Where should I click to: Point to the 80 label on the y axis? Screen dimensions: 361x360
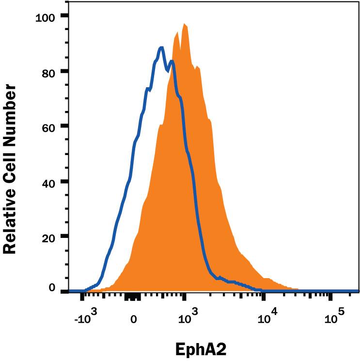(48, 71)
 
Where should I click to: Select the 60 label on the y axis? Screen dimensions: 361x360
(48, 126)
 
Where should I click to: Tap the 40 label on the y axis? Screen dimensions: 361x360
(48, 182)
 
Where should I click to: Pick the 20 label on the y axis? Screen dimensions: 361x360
(48, 236)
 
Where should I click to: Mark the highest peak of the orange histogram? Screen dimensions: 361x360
(184, 24)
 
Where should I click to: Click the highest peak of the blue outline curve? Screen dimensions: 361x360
(161, 47)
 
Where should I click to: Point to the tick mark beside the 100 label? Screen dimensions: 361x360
(64, 16)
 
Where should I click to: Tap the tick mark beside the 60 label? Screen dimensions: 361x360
(64, 126)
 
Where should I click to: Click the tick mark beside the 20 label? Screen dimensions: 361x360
(64, 236)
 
